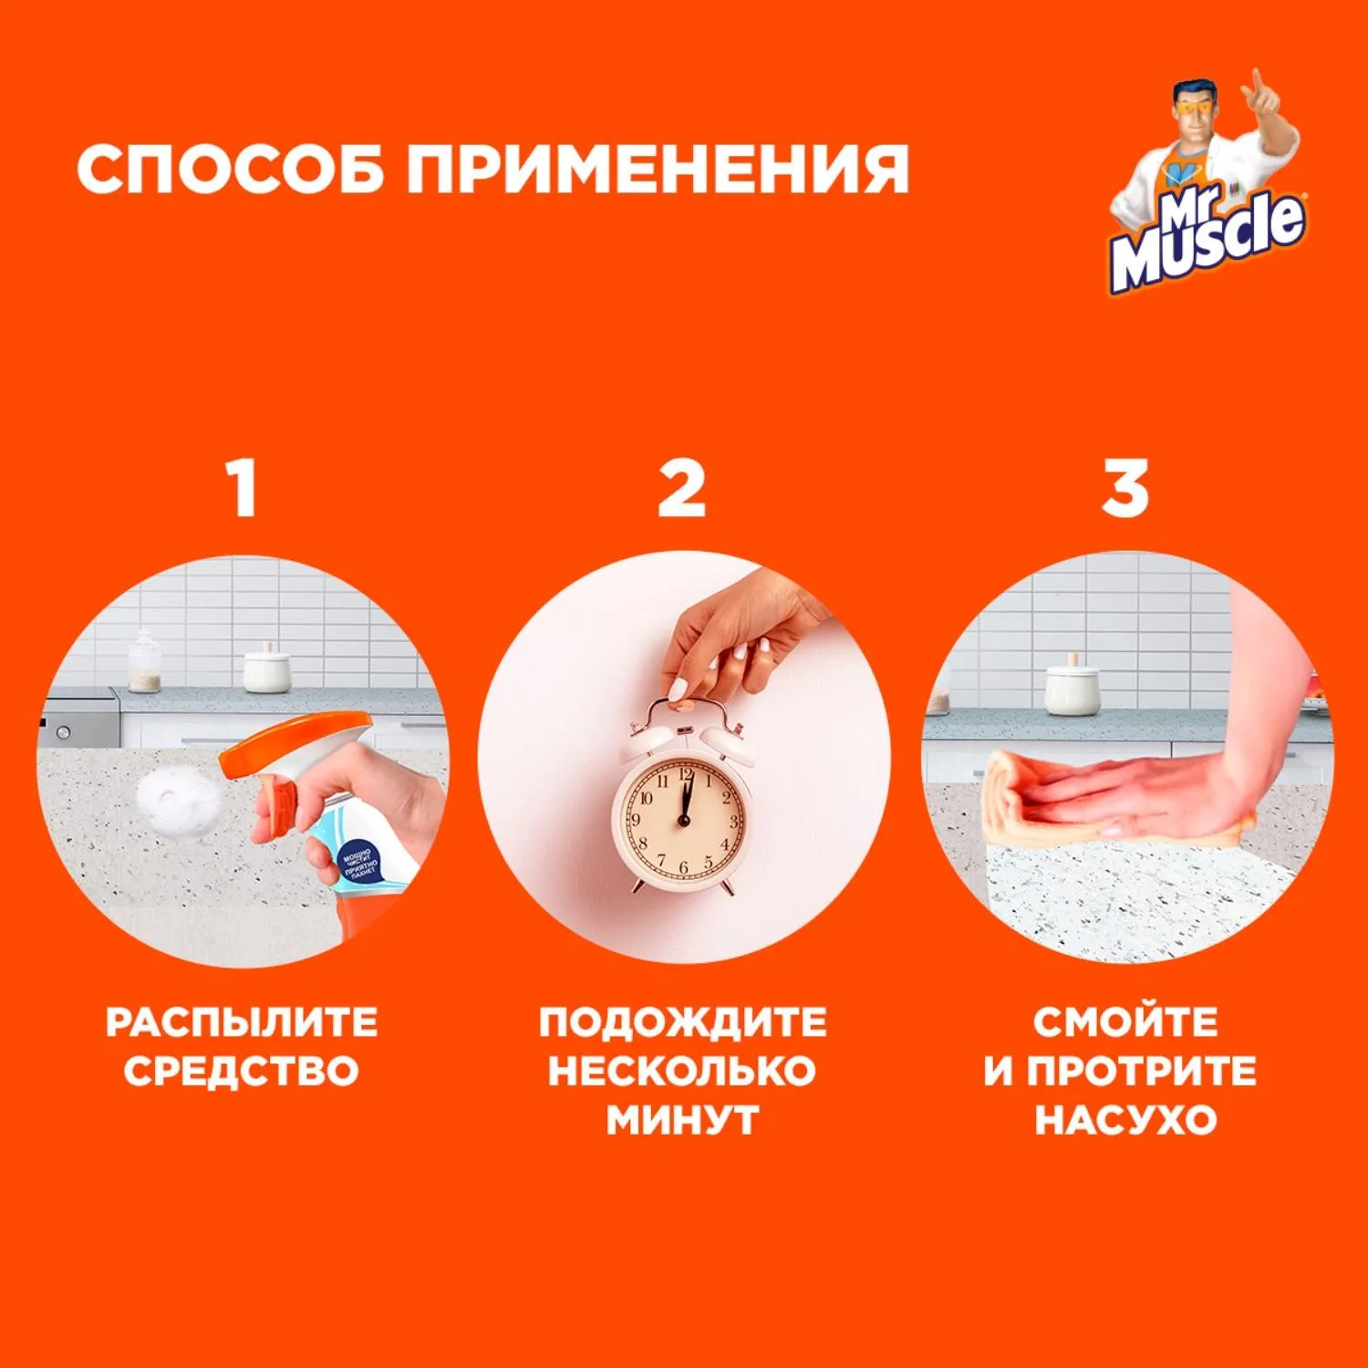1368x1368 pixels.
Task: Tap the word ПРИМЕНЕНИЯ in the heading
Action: [x=658, y=169]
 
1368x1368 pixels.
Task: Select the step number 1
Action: [x=242, y=489]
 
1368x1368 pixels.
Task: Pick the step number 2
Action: [x=681, y=489]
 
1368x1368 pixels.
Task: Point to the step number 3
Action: [x=1124, y=489]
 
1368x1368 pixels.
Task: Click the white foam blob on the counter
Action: [x=179, y=800]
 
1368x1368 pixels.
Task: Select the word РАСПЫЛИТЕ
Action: [x=242, y=1022]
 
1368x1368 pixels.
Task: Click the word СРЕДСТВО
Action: [x=242, y=1071]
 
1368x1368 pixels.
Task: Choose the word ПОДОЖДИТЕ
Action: [x=682, y=1022]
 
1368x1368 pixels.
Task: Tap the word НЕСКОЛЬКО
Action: [x=682, y=1071]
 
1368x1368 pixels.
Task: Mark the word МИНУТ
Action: [x=682, y=1120]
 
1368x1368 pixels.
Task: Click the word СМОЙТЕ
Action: [x=1125, y=1022]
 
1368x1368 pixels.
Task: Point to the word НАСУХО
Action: [x=1125, y=1120]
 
